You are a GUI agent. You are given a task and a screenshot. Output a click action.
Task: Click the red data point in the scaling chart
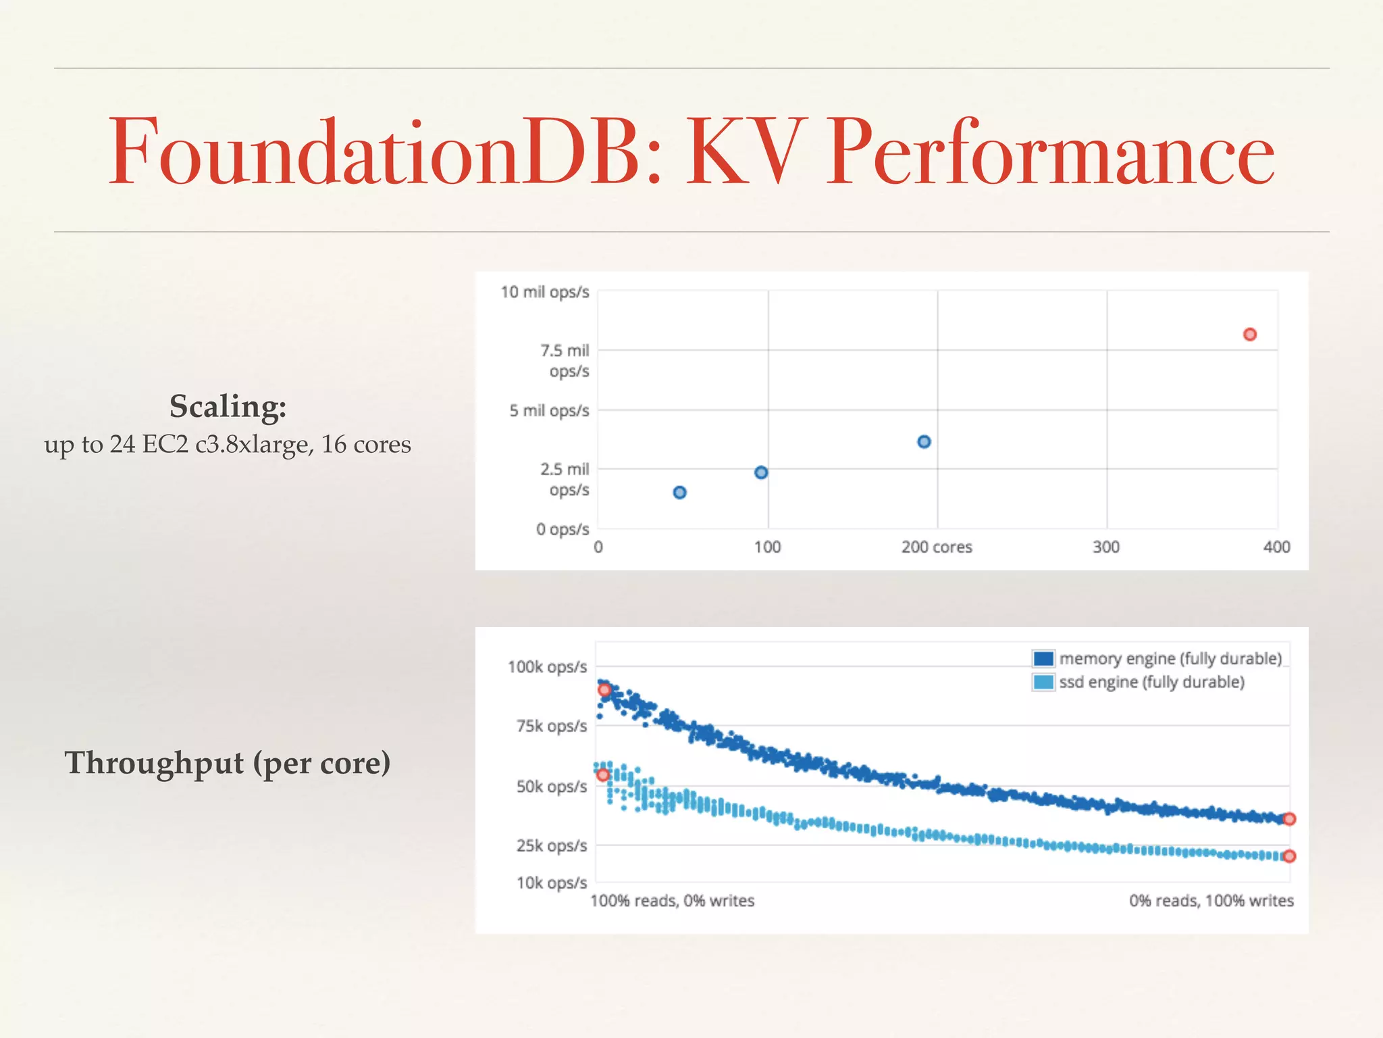[1249, 335]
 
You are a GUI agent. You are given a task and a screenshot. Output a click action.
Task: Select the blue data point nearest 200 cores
[924, 442]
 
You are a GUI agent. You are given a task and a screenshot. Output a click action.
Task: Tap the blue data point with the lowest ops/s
[679, 493]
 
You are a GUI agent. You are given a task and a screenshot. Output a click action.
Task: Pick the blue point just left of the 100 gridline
[761, 472]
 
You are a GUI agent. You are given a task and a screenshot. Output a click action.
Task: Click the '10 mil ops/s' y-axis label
[544, 292]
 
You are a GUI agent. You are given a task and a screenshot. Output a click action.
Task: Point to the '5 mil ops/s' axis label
[549, 411]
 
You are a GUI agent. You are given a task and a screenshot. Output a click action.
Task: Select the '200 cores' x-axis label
[937, 547]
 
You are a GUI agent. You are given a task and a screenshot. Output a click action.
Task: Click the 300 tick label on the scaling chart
[1106, 547]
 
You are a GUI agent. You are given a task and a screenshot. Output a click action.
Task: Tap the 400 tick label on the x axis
[1276, 547]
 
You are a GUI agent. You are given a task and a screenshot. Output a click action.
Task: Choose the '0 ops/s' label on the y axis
[563, 529]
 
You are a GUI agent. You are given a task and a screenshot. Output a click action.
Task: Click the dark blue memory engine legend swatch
[1043, 658]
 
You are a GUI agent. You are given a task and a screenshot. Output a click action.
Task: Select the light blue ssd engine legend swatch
[1043, 682]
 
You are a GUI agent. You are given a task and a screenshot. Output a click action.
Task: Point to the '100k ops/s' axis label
[547, 668]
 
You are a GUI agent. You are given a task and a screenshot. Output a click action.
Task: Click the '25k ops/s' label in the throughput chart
[552, 846]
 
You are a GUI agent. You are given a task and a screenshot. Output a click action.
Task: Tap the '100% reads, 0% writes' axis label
[673, 901]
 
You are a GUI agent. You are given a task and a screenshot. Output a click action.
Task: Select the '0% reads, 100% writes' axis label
[1211, 901]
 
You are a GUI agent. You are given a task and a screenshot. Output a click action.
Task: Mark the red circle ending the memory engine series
[1289, 819]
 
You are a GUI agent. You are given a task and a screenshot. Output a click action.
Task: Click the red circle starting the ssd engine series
[603, 774]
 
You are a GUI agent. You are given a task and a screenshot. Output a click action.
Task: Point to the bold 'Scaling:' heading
[228, 407]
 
